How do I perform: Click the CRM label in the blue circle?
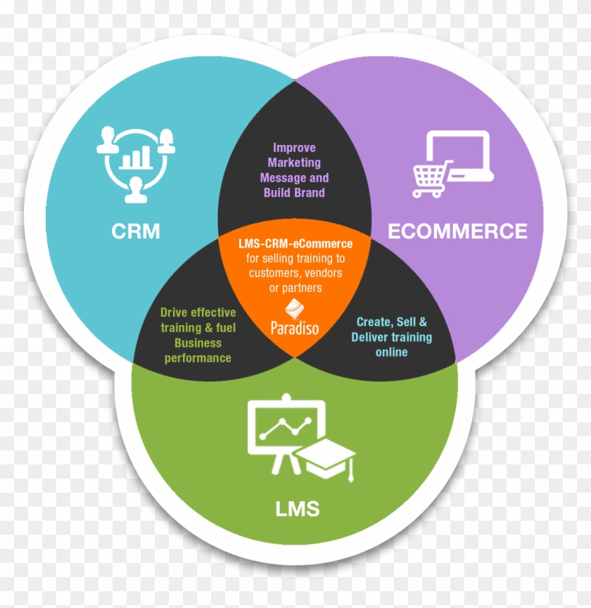coord(135,231)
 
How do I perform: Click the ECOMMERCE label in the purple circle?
coord(457,231)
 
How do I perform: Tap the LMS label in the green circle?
coord(298,508)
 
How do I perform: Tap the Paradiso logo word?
coord(294,327)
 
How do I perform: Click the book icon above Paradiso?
coord(294,308)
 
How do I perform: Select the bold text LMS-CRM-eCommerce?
coord(295,244)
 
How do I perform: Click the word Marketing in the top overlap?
coord(295,163)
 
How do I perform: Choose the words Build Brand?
coord(295,192)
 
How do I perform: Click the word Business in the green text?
coord(198,343)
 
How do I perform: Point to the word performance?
coord(198,357)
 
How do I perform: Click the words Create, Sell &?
coord(392,322)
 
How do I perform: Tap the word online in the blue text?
coord(392,352)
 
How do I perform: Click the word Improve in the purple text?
coord(295,148)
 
